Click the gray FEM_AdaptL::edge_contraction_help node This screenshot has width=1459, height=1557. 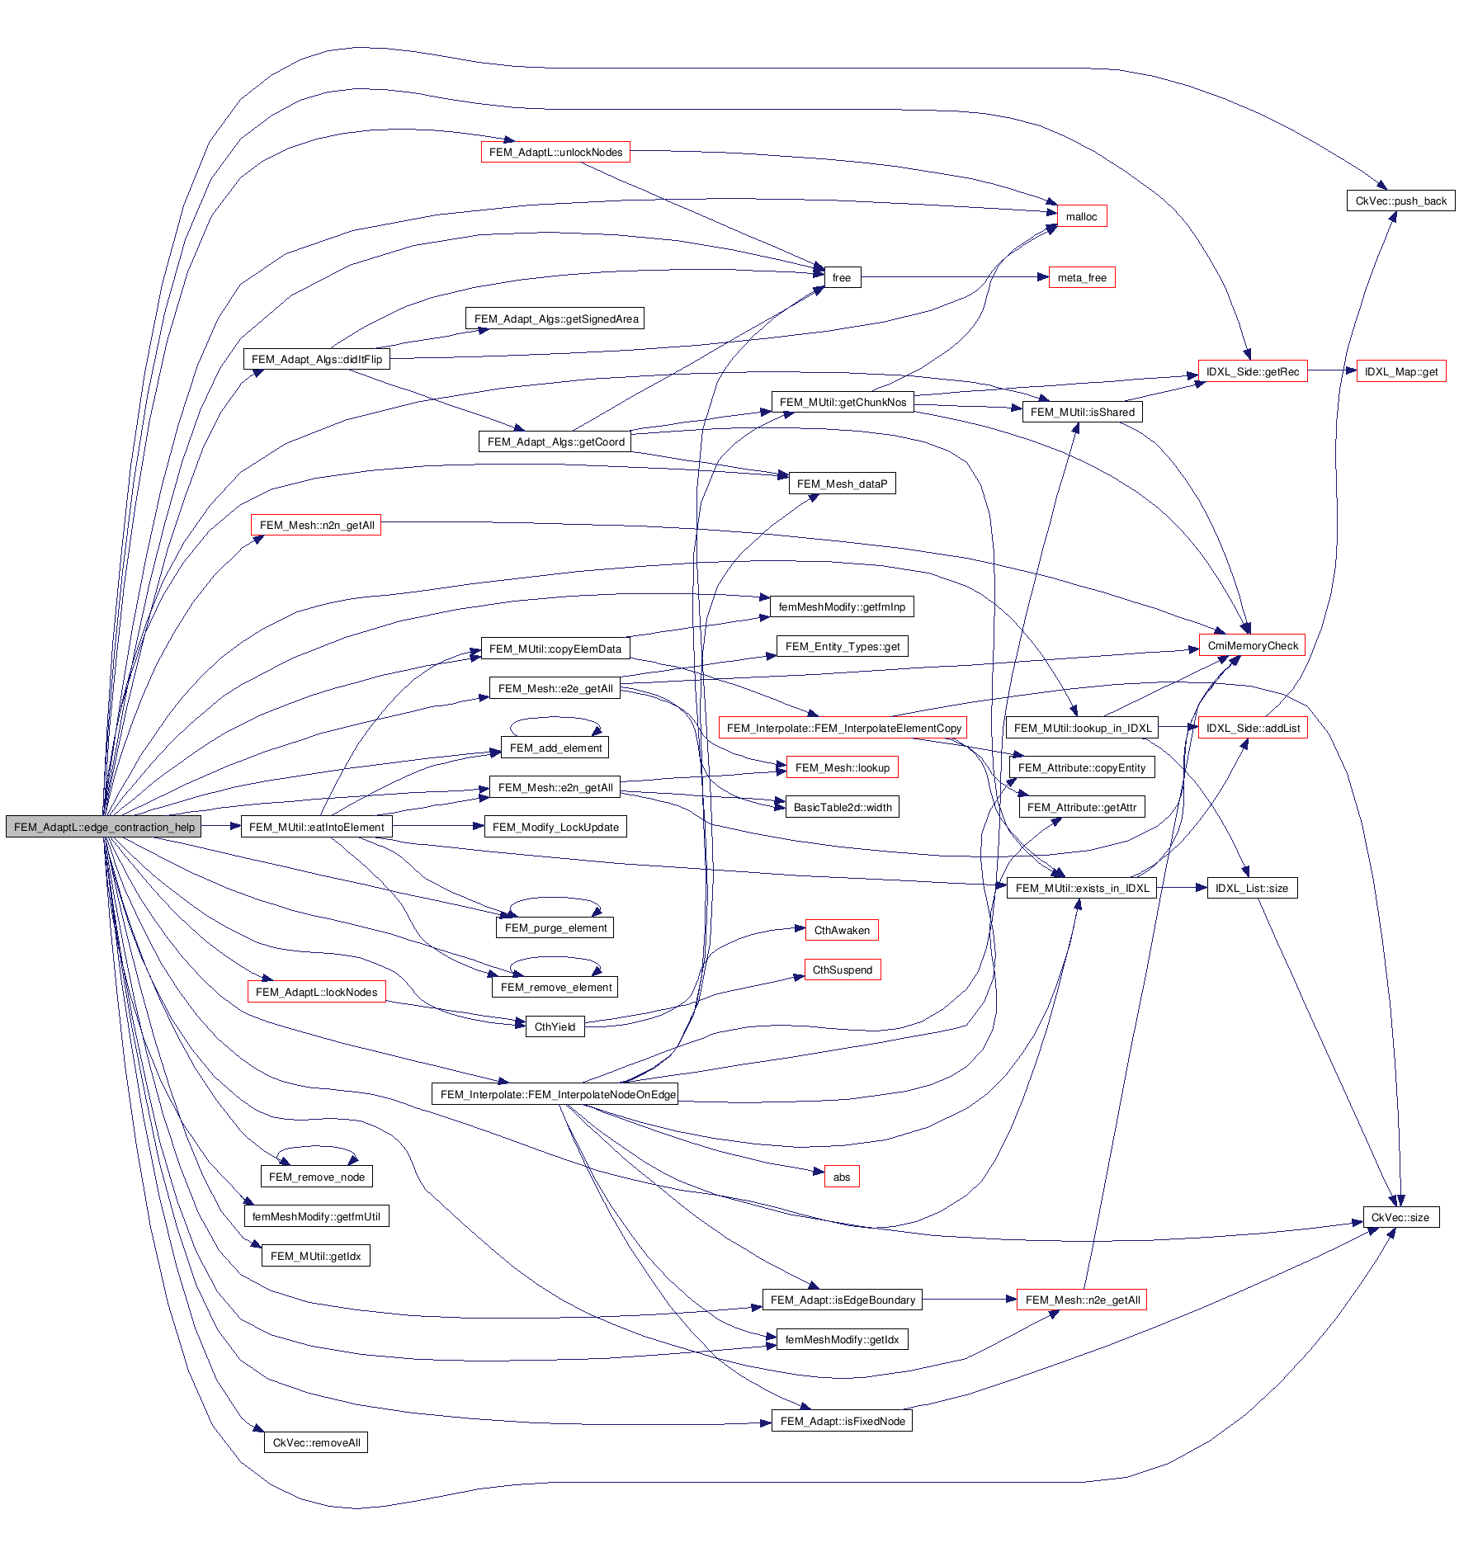pyautogui.click(x=104, y=827)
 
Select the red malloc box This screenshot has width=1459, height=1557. pyautogui.click(x=1081, y=216)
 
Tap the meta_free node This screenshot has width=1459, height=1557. pyautogui.click(x=1081, y=278)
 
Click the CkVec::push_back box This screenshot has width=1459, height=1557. pyautogui.click(x=1400, y=201)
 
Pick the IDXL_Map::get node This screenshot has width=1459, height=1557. pyautogui.click(x=1400, y=372)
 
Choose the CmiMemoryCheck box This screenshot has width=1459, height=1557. pyautogui.click(x=1252, y=645)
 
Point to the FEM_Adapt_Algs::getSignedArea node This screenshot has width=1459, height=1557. pyautogui.click(x=555, y=319)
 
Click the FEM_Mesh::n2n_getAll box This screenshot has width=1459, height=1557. pyautogui.click(x=316, y=525)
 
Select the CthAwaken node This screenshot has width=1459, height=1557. pyautogui.click(x=842, y=930)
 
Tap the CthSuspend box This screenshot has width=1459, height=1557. pyautogui.click(x=842, y=970)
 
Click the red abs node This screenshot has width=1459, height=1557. pyautogui.click(x=841, y=1177)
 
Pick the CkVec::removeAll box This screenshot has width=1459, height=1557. pyautogui.click(x=316, y=1442)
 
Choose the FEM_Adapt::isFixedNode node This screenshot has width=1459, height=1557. pyautogui.click(x=842, y=1421)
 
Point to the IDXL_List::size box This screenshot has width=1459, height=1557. pyautogui.click(x=1251, y=888)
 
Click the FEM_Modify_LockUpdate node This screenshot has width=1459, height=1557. pyautogui.click(x=555, y=827)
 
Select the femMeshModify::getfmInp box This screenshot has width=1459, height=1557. pyautogui.click(x=842, y=606)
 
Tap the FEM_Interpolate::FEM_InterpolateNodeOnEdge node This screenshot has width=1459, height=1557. pyautogui.click(x=555, y=1094)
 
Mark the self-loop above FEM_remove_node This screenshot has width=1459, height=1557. pyautogui.click(x=317, y=1147)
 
